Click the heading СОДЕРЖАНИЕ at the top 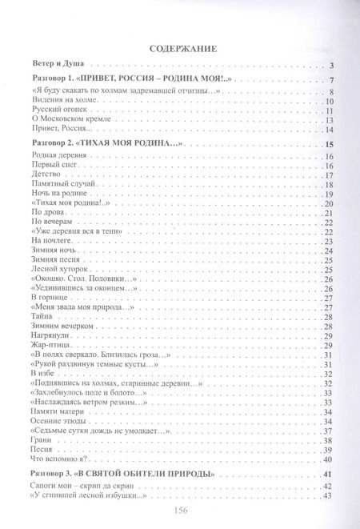click(x=179, y=48)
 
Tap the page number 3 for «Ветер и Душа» click(x=330, y=64)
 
